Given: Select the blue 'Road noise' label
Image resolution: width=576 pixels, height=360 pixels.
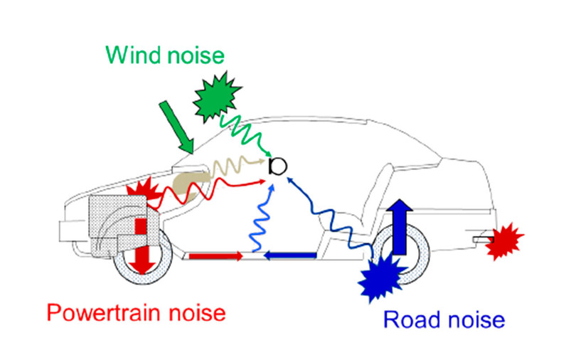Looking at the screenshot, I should point(444,320).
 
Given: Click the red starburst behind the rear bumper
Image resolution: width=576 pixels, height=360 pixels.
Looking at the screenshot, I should point(506,240).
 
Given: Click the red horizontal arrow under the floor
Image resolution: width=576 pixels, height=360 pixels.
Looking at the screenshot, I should point(214,255).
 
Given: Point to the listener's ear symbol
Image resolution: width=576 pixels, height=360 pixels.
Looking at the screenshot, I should point(278,166).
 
